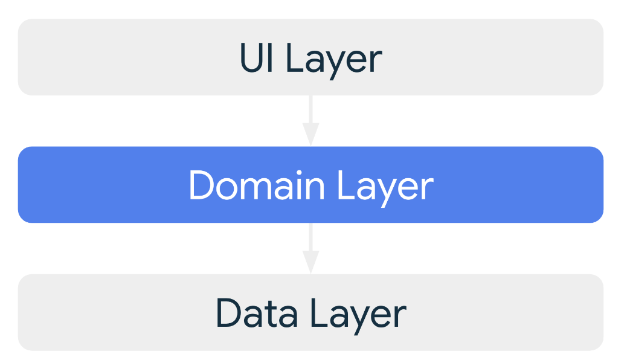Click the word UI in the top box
256,57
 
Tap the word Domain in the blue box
256,185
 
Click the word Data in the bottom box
257,313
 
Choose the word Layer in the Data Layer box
358,316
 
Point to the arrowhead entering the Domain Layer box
310,135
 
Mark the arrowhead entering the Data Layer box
310,262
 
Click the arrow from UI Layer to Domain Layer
310,121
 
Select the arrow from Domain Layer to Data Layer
310,248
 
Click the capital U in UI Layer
251,57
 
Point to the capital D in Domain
202,185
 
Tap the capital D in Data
229,313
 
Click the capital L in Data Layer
320,313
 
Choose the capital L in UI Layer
295,57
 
